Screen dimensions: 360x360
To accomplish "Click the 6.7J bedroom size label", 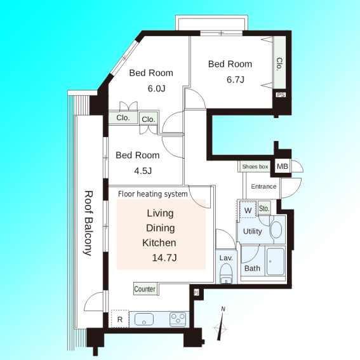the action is tap(236, 79).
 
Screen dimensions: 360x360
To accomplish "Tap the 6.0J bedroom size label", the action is tap(156, 88).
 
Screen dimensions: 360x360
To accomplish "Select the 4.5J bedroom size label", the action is tap(143, 171).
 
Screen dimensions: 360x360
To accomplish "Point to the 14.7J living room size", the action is tap(164, 258).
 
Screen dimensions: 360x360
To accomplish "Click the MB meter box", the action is tap(282, 166).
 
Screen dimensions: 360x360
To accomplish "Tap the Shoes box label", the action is tap(255, 166).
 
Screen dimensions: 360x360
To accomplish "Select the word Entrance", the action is tap(263, 187).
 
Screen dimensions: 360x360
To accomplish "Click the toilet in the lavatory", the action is tap(226, 273).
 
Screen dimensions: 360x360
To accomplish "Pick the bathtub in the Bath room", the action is tap(276, 262).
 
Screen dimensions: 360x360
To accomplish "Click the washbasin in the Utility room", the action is tap(276, 230).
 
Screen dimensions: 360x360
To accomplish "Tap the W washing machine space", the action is tap(248, 210).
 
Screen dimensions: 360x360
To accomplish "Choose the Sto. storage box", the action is tap(264, 208).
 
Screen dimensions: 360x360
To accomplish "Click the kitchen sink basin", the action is tap(144, 319).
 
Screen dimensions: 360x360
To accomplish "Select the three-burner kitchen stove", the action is tap(178, 319).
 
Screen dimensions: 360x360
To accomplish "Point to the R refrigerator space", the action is tap(120, 319).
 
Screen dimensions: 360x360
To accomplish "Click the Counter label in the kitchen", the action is tap(145, 289).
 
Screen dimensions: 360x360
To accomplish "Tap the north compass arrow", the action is tap(221, 325).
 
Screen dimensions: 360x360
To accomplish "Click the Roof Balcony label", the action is tap(88, 223).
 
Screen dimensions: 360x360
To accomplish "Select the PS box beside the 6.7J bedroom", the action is tap(281, 95).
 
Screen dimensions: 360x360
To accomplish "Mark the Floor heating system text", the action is tap(152, 194).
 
